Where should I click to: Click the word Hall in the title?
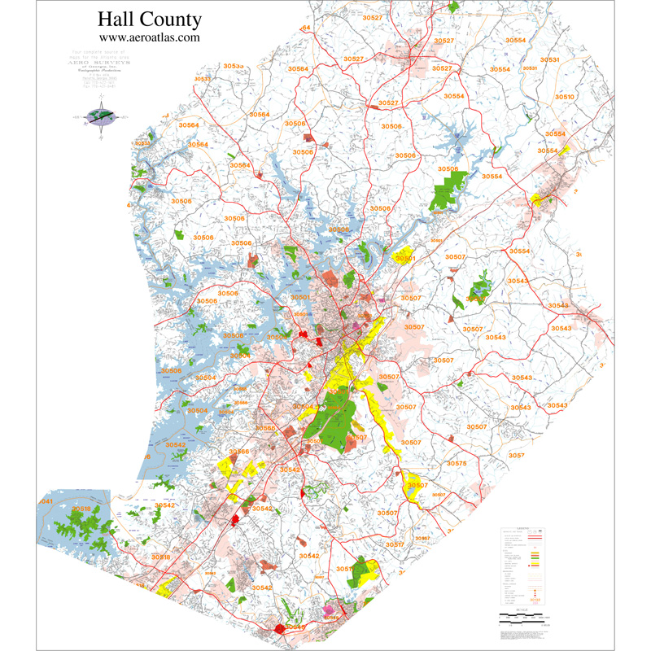115,20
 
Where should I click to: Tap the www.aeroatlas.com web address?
149,37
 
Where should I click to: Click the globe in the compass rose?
101,116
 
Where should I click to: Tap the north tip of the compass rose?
101,104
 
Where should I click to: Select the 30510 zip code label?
564,97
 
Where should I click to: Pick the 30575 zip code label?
457,463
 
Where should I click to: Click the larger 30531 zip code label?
550,60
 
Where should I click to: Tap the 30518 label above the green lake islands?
81,509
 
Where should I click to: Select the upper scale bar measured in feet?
522,614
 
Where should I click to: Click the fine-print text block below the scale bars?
522,632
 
